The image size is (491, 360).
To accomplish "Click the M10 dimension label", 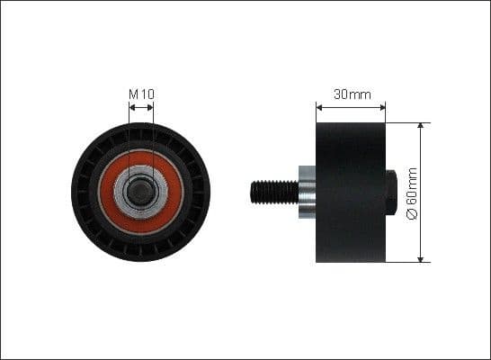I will point(140,93).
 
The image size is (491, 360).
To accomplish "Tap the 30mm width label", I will point(351,93).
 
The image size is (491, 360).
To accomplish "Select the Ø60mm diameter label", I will point(413,193).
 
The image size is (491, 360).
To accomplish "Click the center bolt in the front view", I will point(140,192).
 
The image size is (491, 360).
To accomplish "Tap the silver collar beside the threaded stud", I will point(306,192).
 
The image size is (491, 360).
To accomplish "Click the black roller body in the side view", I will point(351,192).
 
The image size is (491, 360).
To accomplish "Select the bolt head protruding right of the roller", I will point(390,192).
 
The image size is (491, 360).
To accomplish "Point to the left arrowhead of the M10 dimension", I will point(131,106).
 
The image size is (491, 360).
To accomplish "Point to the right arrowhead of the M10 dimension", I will point(150,106).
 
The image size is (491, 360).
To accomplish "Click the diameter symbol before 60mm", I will point(413,215).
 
